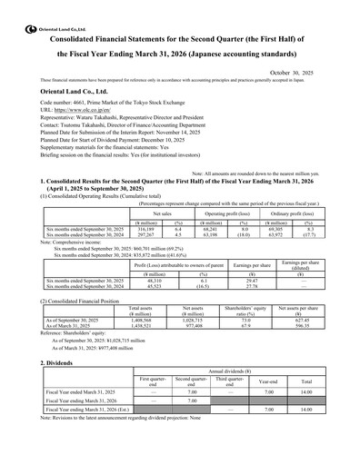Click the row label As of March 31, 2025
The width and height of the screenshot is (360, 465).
pyautogui.click(x=77, y=327)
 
